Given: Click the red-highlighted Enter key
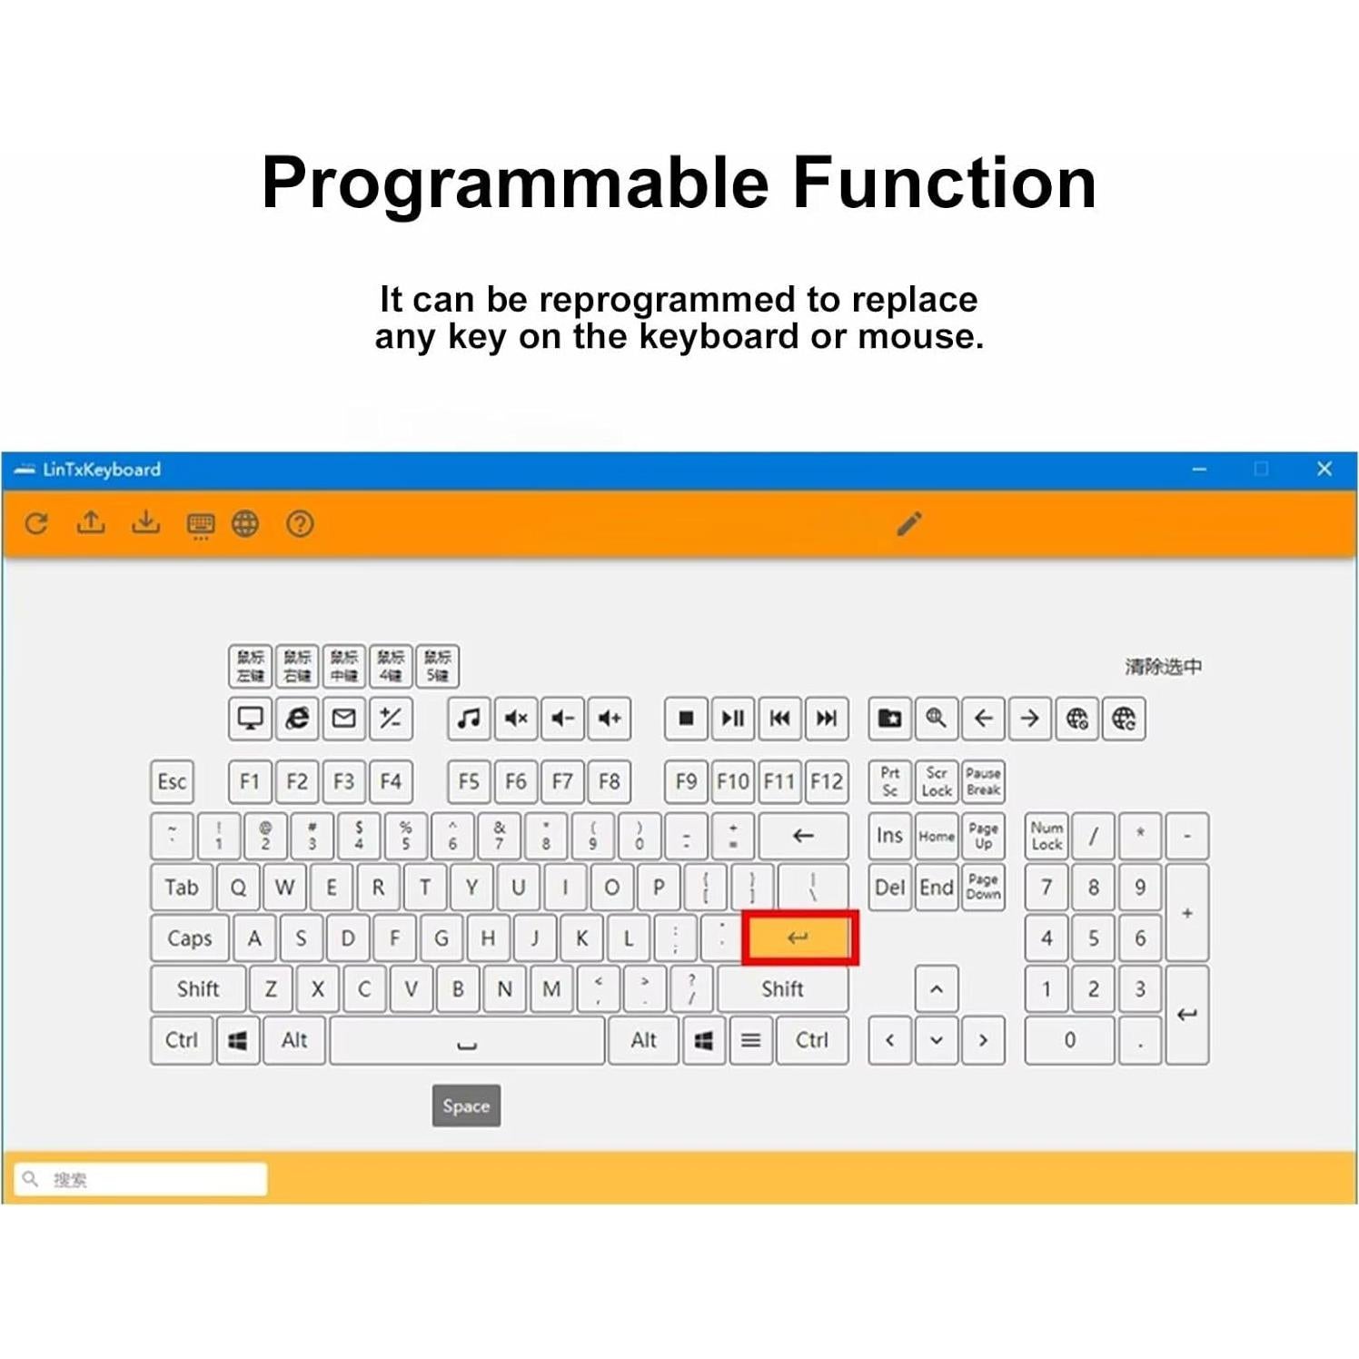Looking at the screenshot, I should [799, 937].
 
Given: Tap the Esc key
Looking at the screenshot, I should [172, 781].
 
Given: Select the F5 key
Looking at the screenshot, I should [469, 781].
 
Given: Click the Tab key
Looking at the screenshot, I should [182, 887].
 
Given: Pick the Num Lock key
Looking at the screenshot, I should [1047, 836].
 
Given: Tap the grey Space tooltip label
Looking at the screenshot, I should [466, 1106].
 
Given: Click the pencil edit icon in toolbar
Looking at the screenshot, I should [909, 523].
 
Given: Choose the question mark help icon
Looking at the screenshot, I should [300, 523].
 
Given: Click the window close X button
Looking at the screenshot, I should [1324, 469].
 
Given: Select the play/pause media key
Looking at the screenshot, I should [732, 719].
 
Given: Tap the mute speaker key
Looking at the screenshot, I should [516, 719].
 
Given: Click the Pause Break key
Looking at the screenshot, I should [983, 781].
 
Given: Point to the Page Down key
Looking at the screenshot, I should [983, 887].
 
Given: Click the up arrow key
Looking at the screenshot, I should [937, 989].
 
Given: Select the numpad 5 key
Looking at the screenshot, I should [1093, 937].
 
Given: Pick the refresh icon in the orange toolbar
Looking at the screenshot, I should [36, 523].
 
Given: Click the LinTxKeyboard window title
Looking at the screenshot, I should [101, 470].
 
